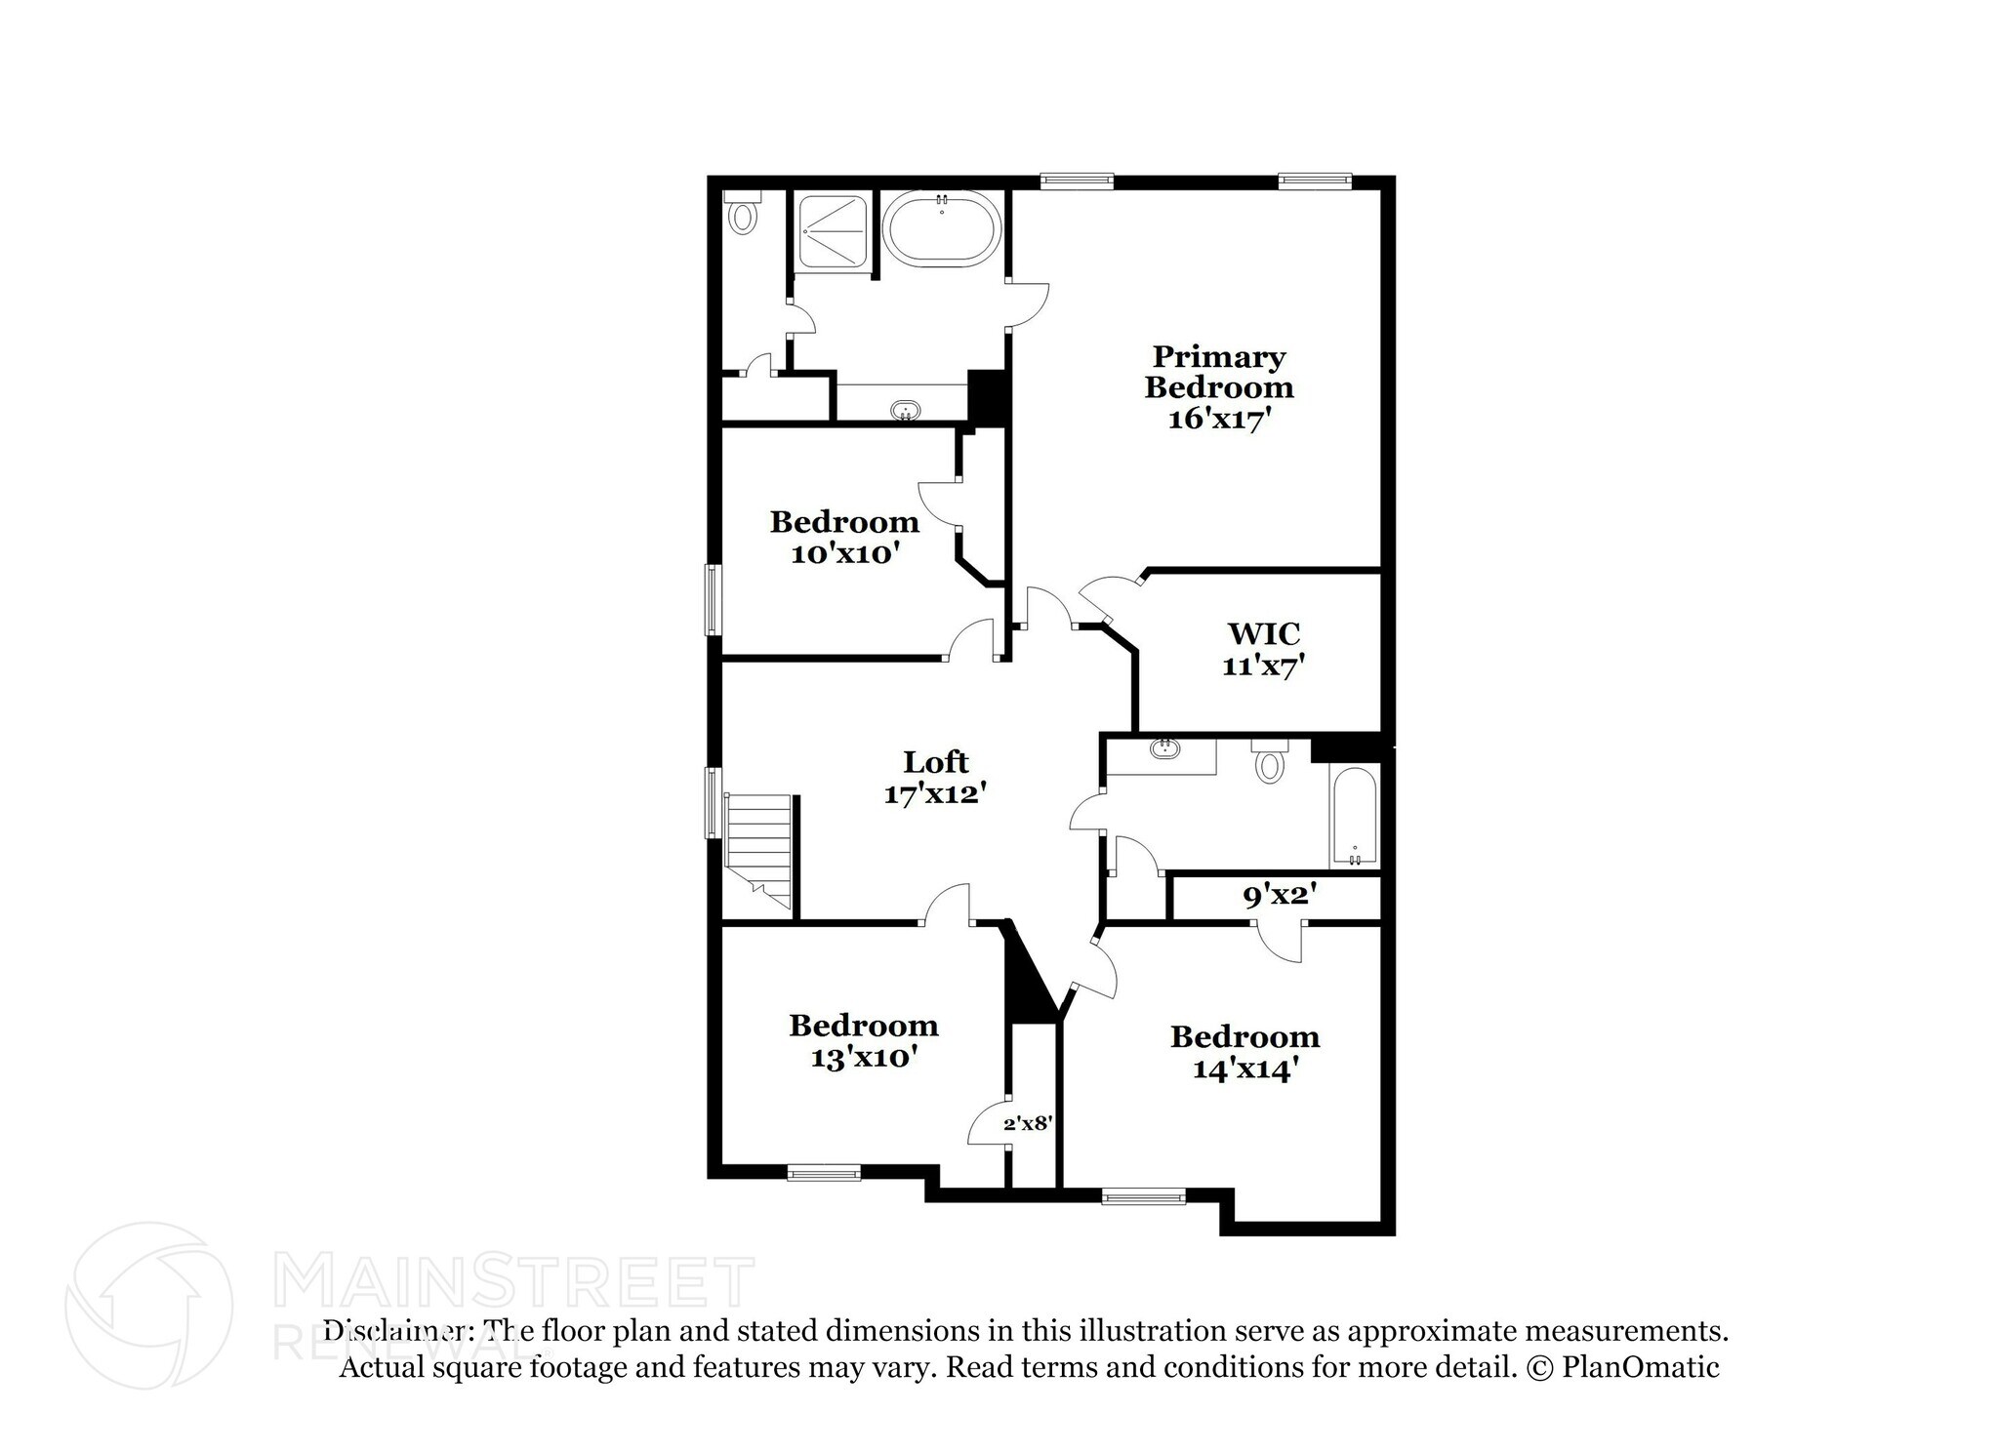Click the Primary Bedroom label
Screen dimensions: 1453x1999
(1218, 372)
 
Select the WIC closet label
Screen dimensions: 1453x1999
(1263, 633)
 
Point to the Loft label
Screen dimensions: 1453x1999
(935, 761)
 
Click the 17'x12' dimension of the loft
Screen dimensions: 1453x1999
(930, 793)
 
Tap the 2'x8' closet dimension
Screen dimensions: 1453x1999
(1027, 1123)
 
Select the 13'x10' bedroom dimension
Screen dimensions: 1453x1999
(863, 1057)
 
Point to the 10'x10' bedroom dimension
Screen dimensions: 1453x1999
(844, 553)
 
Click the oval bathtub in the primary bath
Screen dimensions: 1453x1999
(942, 229)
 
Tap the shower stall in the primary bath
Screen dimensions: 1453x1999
(831, 231)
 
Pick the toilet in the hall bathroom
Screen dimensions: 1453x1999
(1269, 761)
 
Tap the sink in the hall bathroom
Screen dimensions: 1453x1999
(1163, 749)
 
